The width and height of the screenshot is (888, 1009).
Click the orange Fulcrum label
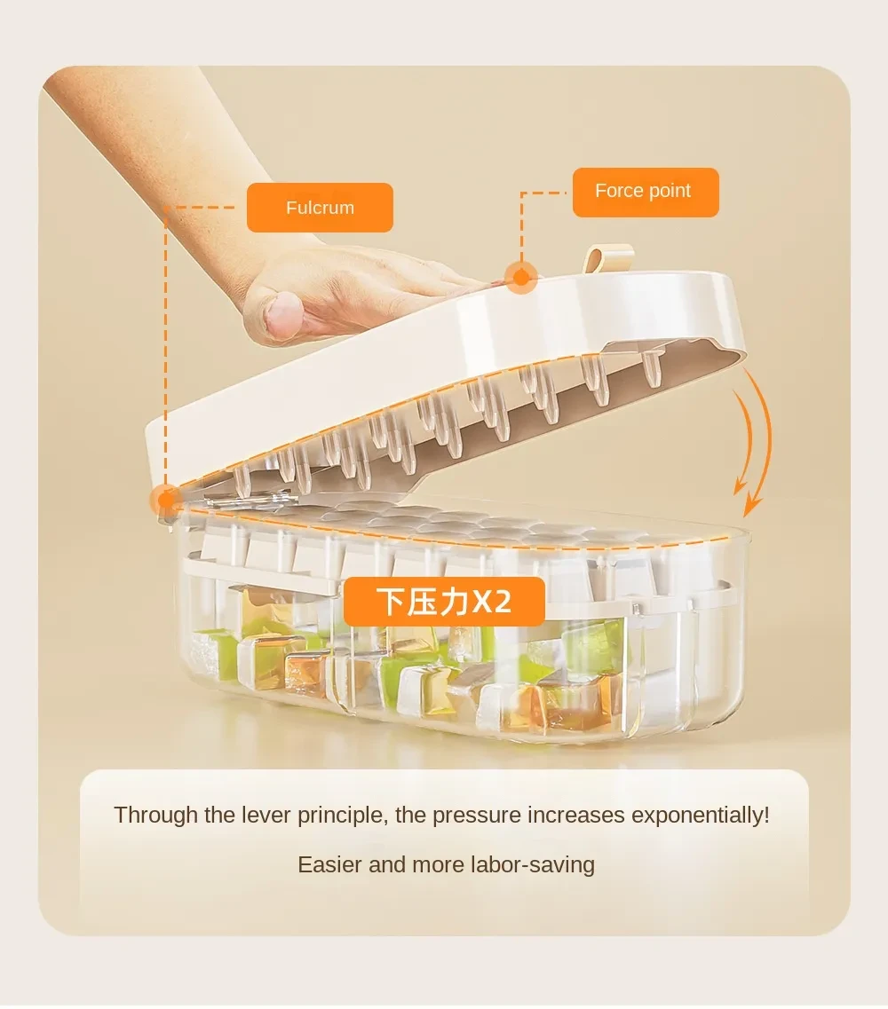pos(320,208)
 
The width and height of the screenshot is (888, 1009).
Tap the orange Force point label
pos(645,192)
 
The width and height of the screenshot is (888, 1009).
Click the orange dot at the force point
pos(521,278)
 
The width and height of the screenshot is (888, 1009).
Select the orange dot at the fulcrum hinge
pos(166,500)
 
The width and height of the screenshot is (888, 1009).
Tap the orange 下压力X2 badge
pos(444,601)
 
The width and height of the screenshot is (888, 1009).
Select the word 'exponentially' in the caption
pos(700,816)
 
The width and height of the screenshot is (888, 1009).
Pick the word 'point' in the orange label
pos(670,192)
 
